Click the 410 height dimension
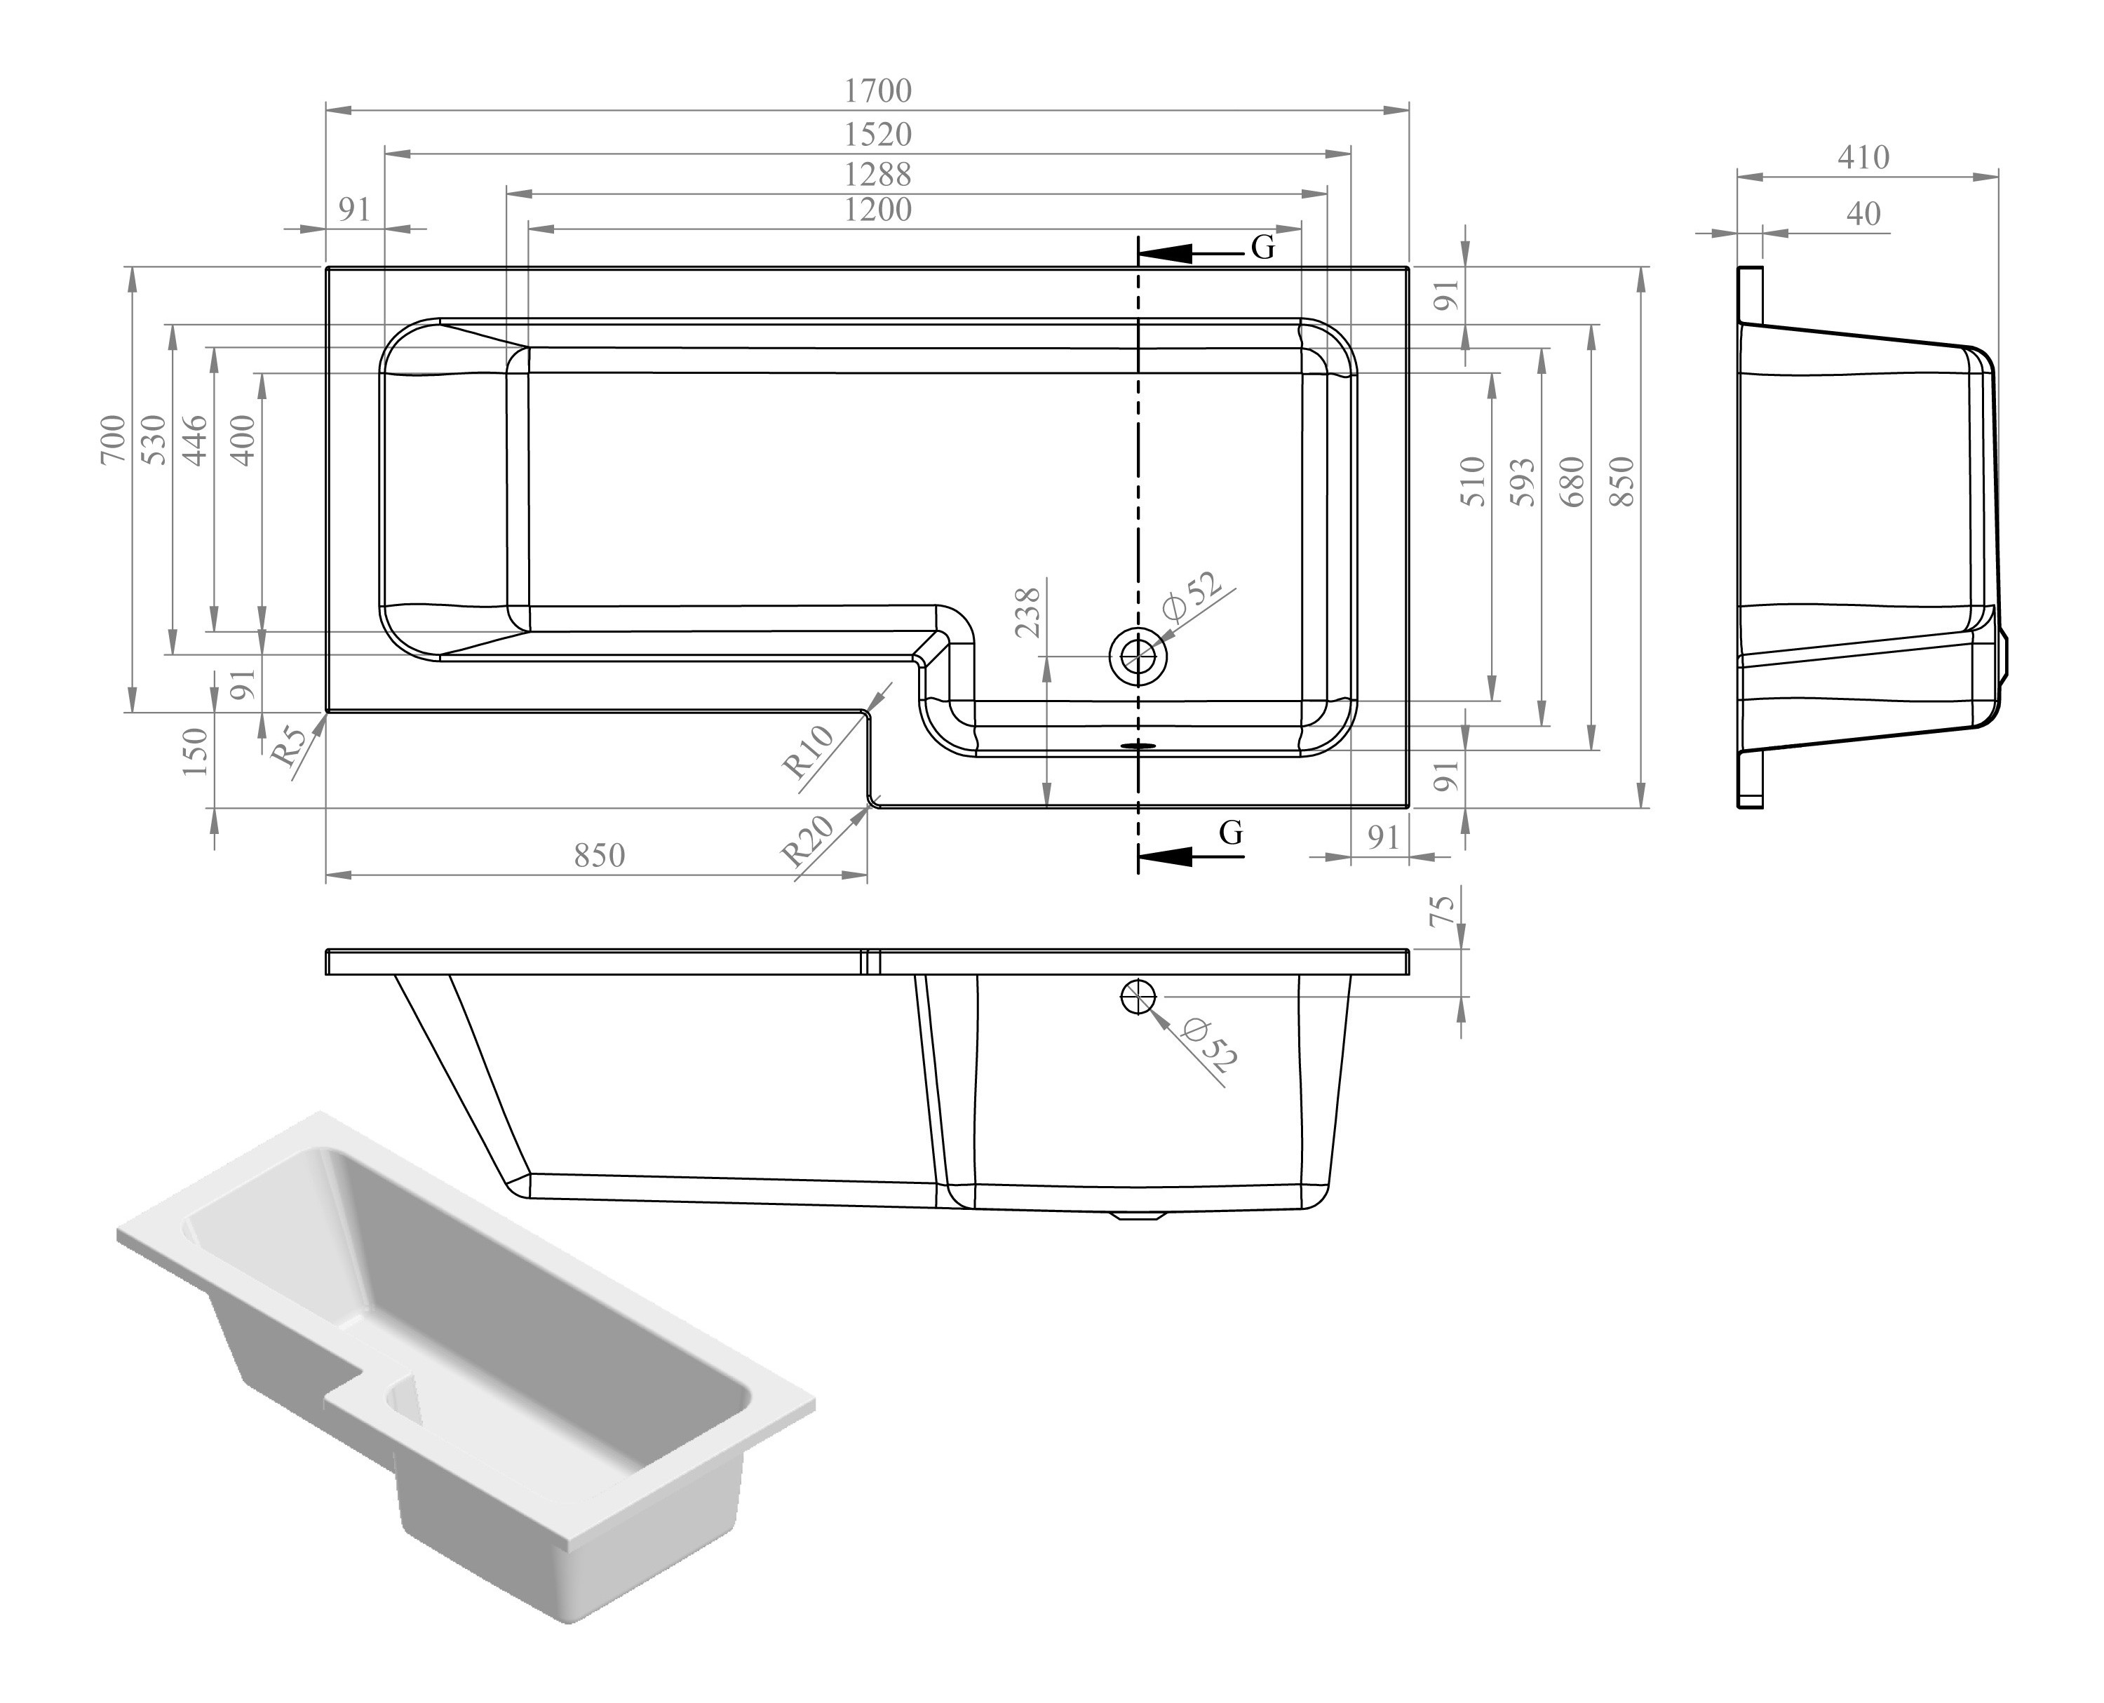[1863, 157]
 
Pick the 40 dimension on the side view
[1863, 213]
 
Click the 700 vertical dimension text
[114, 440]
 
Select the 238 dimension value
[1028, 613]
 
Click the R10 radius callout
[807, 750]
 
